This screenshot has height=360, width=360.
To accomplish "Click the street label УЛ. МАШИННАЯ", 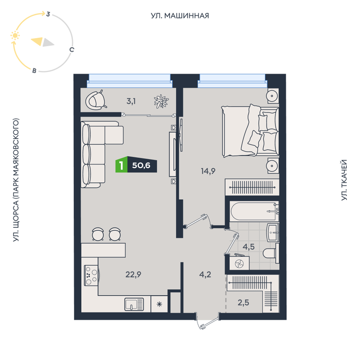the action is [x=180, y=16].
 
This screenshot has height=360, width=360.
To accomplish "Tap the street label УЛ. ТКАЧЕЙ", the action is [x=344, y=180].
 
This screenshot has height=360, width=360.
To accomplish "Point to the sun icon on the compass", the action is [x=15, y=35].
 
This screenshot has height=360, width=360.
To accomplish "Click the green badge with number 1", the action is [x=121, y=165].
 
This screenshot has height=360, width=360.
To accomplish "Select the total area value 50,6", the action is [x=141, y=165].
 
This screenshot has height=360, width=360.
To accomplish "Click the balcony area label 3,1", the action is [x=131, y=101].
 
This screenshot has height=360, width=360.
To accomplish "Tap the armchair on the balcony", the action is [x=96, y=100].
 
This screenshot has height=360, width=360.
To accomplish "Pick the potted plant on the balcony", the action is [x=161, y=101].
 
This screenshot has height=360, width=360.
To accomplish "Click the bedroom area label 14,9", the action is [x=208, y=171].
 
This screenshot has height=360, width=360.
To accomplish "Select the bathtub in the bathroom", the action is [x=254, y=211].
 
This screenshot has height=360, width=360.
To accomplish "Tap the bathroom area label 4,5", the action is [x=248, y=247].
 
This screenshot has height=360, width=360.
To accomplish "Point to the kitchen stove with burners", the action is [x=92, y=275].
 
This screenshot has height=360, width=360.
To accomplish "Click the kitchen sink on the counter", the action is [x=134, y=304].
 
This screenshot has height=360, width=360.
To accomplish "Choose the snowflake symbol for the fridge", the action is [x=159, y=304].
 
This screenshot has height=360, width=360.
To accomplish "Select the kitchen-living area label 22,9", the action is [x=133, y=274].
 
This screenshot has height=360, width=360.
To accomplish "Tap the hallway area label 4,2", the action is [x=205, y=274].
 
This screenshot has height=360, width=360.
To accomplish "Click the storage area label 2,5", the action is [x=243, y=302].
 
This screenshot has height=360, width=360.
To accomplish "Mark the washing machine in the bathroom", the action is [x=240, y=263].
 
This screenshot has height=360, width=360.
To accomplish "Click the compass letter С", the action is [x=72, y=49].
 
